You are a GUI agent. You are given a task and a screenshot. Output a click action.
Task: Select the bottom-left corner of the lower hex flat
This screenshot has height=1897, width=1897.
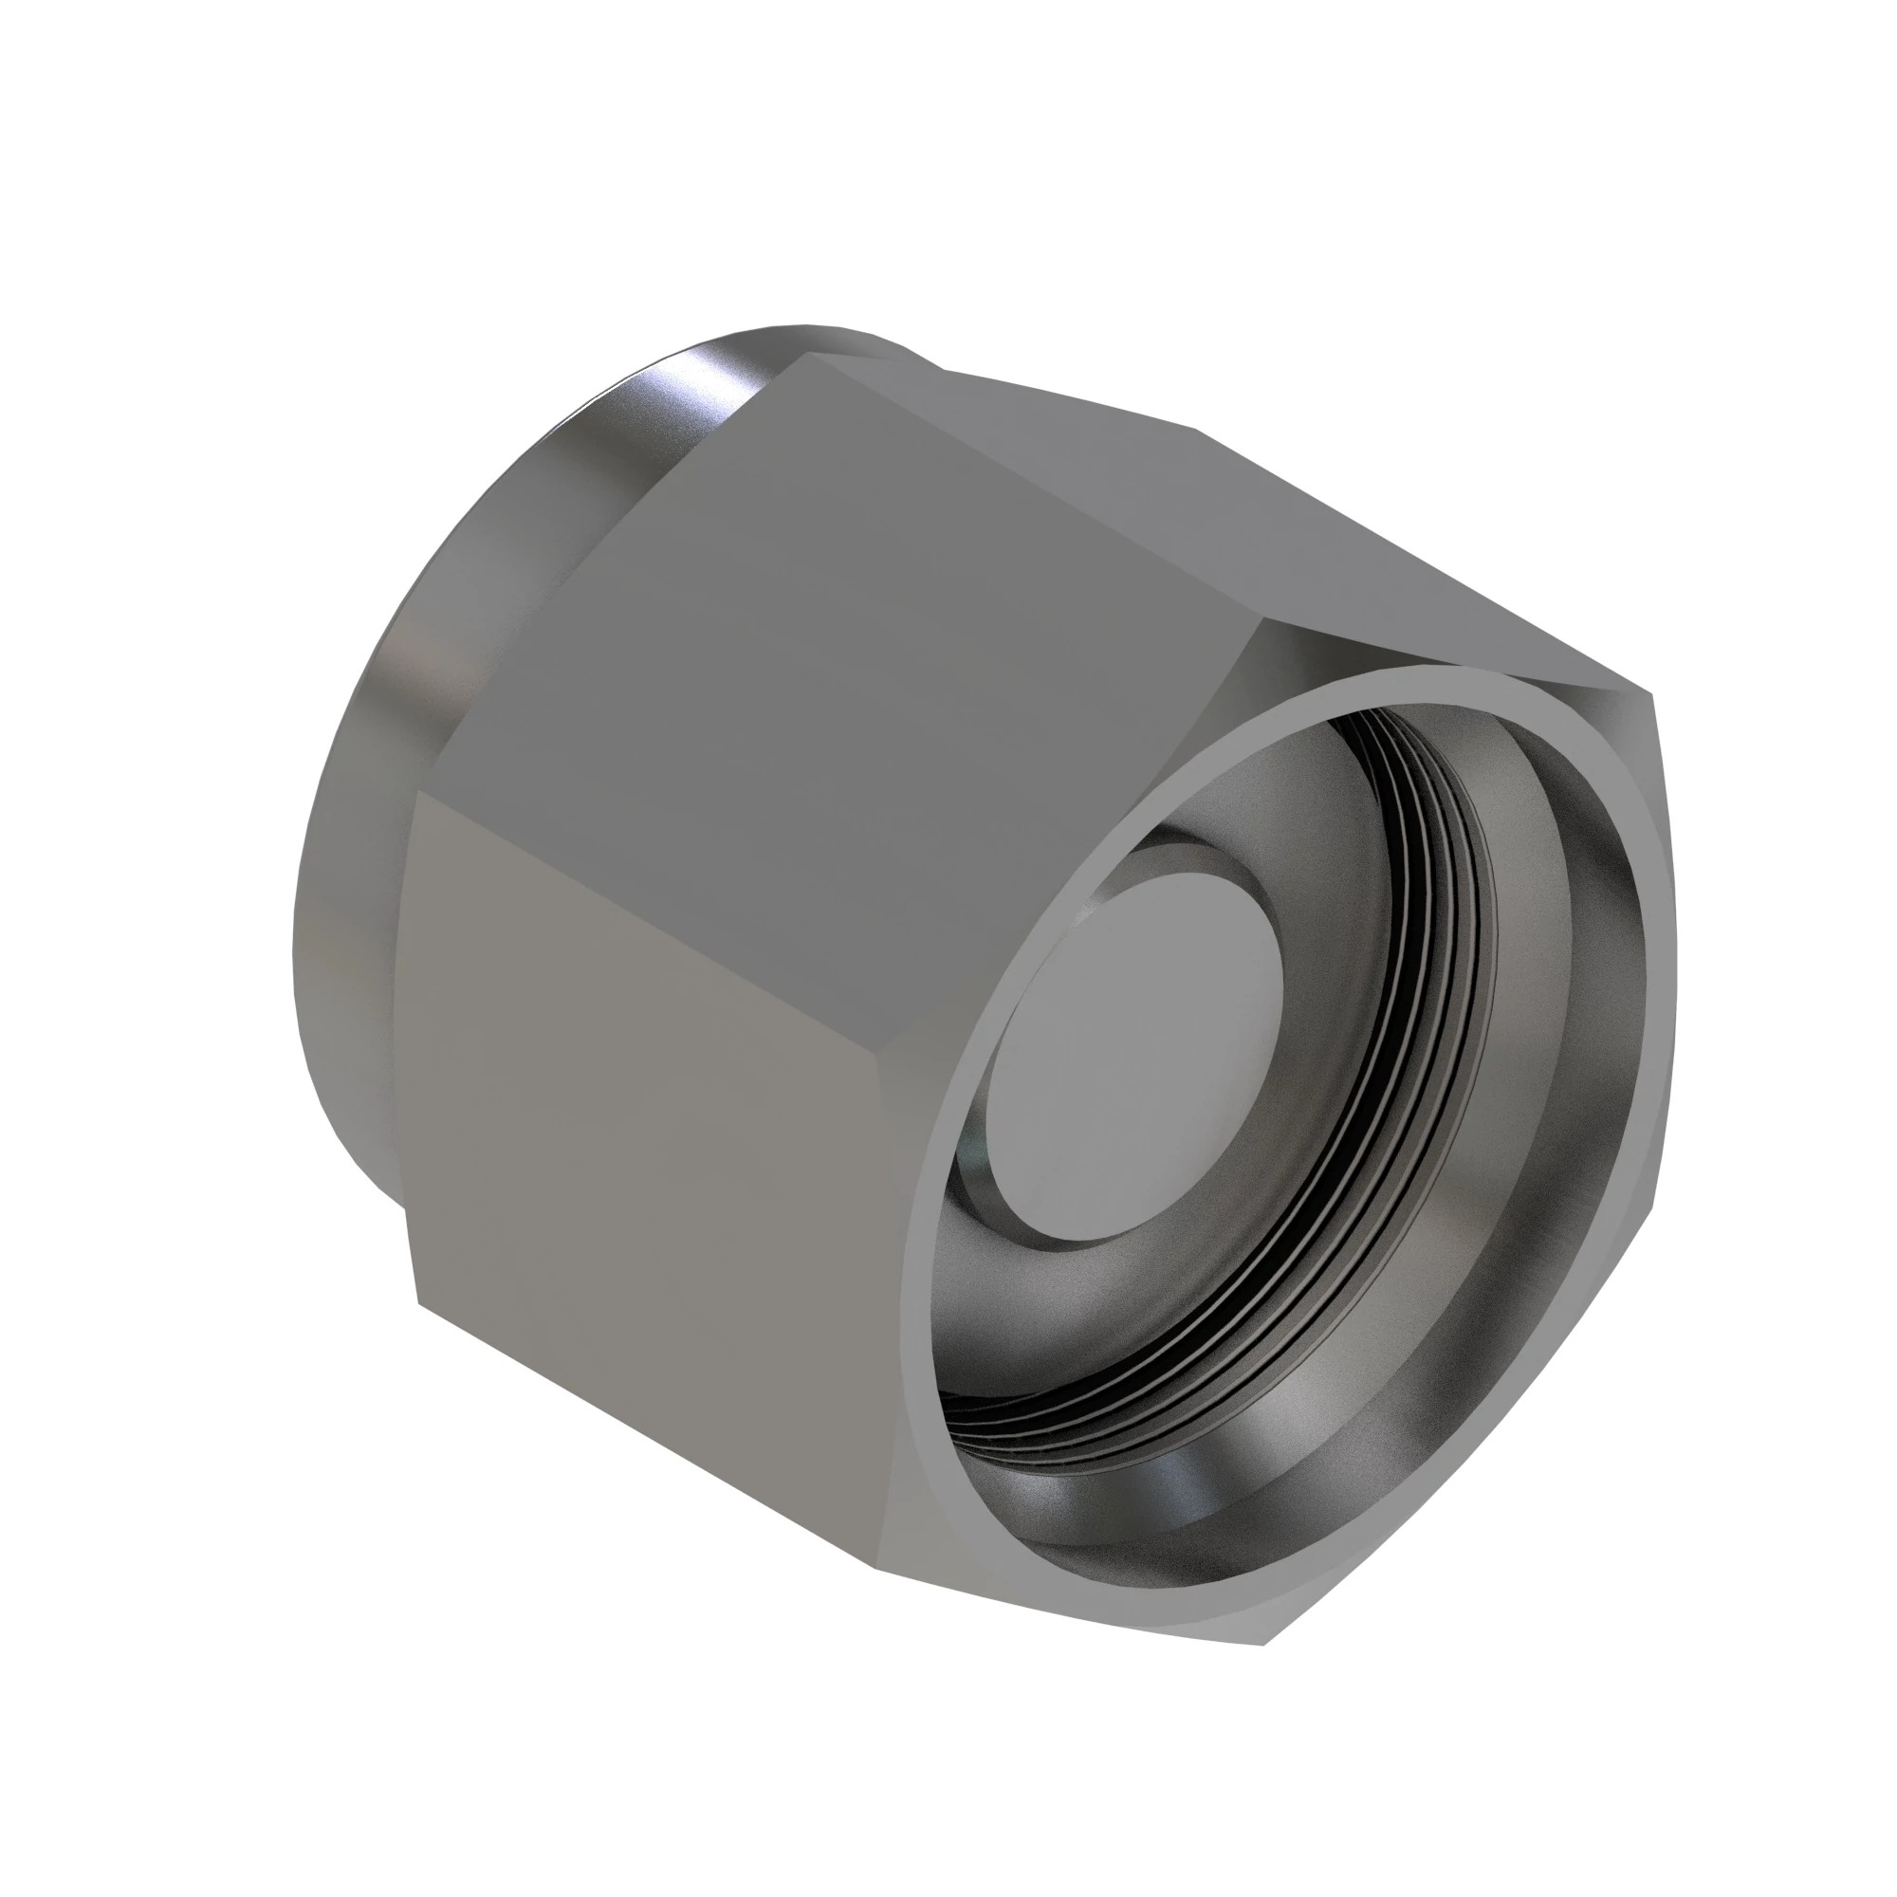pyautogui.click(x=420, y=1303)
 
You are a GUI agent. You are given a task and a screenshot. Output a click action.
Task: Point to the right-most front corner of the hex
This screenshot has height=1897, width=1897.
pyautogui.click(x=1652, y=695)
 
